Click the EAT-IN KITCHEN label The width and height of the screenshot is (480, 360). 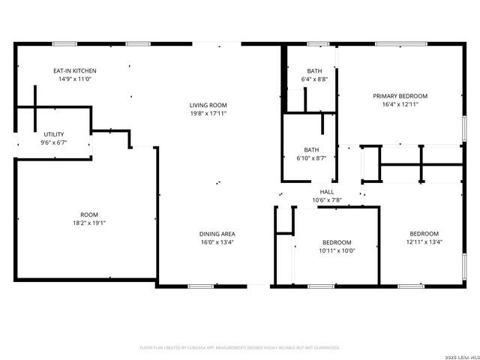click(74, 70)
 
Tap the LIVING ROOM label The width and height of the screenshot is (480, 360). click(208, 105)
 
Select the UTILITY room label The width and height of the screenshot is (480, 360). click(53, 133)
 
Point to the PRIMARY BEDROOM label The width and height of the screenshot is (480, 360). click(400, 96)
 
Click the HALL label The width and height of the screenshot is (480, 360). click(326, 192)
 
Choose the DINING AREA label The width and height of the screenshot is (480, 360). click(217, 234)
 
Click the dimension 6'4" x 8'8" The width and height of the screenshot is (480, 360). click(314, 79)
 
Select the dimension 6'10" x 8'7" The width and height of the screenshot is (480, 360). click(311, 157)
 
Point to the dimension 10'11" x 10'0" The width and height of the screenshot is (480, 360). click(337, 250)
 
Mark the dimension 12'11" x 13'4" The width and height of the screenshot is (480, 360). click(424, 241)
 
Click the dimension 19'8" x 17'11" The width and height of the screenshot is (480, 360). click(208, 113)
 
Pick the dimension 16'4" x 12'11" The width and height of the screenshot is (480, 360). click(400, 104)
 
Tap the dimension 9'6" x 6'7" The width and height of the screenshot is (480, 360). click(53, 142)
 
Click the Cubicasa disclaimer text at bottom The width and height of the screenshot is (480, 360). click(240, 348)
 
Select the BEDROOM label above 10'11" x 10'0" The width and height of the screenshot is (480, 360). click(337, 242)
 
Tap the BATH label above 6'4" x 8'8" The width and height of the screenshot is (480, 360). click(314, 70)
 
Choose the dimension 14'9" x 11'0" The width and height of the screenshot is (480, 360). click(74, 79)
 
